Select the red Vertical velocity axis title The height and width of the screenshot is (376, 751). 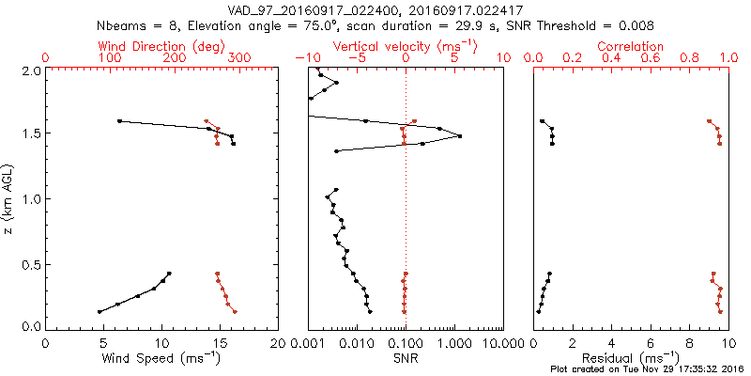click(x=406, y=46)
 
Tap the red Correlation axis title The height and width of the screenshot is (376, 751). click(x=631, y=46)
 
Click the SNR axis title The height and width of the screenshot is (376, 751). click(x=406, y=358)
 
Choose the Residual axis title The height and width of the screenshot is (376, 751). click(x=631, y=358)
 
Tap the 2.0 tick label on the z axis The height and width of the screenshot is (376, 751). click(x=31, y=70)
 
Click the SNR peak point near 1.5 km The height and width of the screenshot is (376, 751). click(x=460, y=136)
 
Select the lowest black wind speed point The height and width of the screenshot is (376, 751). click(x=100, y=311)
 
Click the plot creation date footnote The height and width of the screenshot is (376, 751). click(x=648, y=369)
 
